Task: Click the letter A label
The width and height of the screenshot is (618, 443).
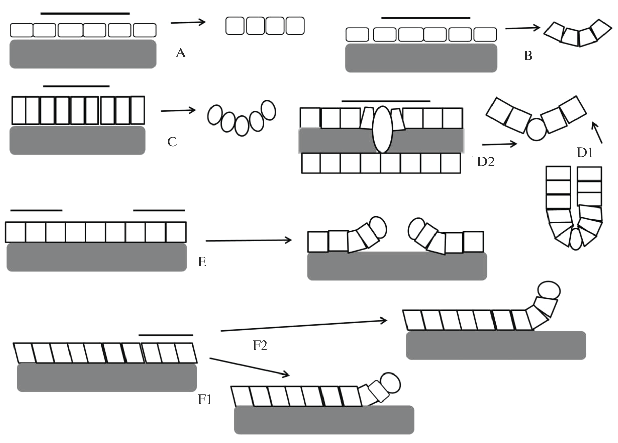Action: coord(181,53)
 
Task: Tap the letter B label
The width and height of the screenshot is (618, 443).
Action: coord(528,56)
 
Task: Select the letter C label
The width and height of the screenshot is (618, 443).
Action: coord(172,142)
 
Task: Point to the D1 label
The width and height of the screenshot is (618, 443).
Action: coord(585,153)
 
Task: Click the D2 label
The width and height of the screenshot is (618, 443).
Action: coord(485,162)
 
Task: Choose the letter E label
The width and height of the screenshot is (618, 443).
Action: coord(202,262)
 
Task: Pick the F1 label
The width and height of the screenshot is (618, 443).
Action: coord(205,399)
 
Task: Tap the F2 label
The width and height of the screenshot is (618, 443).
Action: coord(260,345)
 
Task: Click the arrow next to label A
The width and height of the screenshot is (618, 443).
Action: coord(188,23)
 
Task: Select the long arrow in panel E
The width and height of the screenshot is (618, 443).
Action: coord(249,240)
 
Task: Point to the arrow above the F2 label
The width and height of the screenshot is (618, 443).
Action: coord(304,326)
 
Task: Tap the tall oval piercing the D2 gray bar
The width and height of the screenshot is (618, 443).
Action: coord(382,129)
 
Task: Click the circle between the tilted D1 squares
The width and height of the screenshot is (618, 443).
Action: coord(536,130)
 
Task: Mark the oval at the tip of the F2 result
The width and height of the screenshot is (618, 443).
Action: coord(549,290)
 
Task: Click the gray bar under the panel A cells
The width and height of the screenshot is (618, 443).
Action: coord(83,54)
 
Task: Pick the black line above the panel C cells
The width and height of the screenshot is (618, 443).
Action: coord(76,86)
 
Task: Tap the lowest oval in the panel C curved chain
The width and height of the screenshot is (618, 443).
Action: coord(242,126)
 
